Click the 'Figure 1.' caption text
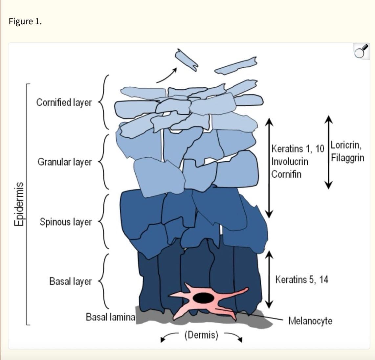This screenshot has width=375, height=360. click(x=25, y=22)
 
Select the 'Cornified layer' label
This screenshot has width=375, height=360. click(x=64, y=102)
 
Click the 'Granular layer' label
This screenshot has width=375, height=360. click(x=65, y=162)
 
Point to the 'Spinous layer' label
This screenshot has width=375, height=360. click(x=66, y=222)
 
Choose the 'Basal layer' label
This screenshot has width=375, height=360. click(x=71, y=281)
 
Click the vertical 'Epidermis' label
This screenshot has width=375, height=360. click(x=19, y=204)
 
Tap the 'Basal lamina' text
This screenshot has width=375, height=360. click(x=110, y=317)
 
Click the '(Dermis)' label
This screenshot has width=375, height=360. click(x=201, y=335)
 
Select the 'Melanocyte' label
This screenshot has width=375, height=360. click(x=310, y=321)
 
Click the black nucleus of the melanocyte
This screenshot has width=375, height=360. click(x=204, y=298)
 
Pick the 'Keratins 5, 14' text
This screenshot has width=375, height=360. click(x=302, y=280)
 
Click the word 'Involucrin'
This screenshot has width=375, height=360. click(x=290, y=162)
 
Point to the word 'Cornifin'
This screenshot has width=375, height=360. click(x=287, y=174)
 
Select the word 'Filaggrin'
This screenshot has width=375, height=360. click(x=347, y=158)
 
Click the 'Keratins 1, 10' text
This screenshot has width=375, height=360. click(x=298, y=149)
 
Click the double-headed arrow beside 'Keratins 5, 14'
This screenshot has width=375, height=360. click(x=269, y=280)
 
